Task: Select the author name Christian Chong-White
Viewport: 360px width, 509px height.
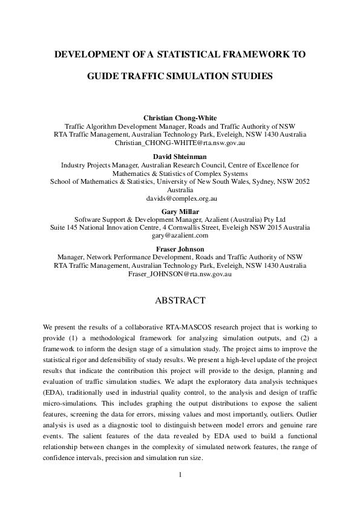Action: click(x=180, y=117)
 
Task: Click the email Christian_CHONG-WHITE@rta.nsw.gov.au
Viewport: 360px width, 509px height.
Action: click(x=180, y=143)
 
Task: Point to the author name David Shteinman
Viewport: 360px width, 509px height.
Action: click(x=180, y=155)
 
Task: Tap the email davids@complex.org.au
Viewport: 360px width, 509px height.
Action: click(x=180, y=198)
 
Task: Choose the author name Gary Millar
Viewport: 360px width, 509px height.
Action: click(x=180, y=210)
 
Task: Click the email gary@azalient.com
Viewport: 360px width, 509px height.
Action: click(x=180, y=236)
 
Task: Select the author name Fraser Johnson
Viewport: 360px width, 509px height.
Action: click(x=180, y=248)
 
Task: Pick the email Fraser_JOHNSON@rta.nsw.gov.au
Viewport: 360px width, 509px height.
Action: click(x=180, y=274)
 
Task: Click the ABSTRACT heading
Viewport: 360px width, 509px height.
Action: click(x=180, y=300)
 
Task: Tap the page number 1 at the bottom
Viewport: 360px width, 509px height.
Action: click(x=180, y=474)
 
